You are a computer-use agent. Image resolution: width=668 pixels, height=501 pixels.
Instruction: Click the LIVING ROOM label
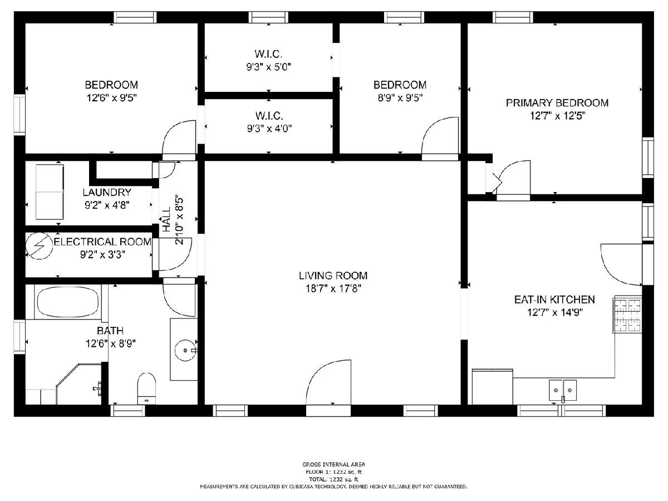pyautogui.click(x=333, y=276)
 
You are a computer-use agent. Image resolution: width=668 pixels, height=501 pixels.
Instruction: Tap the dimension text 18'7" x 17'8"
pyautogui.click(x=333, y=288)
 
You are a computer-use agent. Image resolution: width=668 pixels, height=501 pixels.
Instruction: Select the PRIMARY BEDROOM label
pyautogui.click(x=557, y=103)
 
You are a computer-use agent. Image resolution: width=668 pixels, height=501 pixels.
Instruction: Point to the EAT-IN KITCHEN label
pyautogui.click(x=554, y=299)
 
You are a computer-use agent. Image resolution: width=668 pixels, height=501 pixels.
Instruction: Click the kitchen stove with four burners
pyautogui.click(x=628, y=316)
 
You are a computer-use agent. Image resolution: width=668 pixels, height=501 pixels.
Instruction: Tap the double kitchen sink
pyautogui.click(x=563, y=390)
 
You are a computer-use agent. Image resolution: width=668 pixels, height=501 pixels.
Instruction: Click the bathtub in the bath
pyautogui.click(x=67, y=302)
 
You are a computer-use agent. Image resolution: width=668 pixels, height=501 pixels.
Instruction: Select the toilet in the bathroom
pyautogui.click(x=147, y=389)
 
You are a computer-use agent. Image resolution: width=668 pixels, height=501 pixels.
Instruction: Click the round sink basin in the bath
pyautogui.click(x=185, y=351)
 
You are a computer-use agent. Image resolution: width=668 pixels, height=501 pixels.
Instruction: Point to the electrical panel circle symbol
pyautogui.click(x=40, y=246)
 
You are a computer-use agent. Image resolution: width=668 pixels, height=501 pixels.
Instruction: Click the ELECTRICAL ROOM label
pyautogui.click(x=102, y=242)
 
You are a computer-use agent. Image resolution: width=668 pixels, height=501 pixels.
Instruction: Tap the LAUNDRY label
pyautogui.click(x=107, y=192)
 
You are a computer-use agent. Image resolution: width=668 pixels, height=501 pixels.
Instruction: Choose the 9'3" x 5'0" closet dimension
pyautogui.click(x=269, y=67)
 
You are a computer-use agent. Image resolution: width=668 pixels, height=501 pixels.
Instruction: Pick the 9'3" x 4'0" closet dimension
pyautogui.click(x=269, y=129)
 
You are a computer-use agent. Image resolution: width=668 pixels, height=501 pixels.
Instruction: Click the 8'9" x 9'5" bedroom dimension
pyautogui.click(x=400, y=98)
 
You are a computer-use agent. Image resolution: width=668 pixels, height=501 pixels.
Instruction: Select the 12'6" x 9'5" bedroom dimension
pyautogui.click(x=111, y=98)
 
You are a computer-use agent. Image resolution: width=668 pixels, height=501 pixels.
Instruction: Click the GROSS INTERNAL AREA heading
pyautogui.click(x=333, y=464)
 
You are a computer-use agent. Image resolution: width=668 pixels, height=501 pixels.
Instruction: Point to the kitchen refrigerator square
pyautogui.click(x=493, y=387)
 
